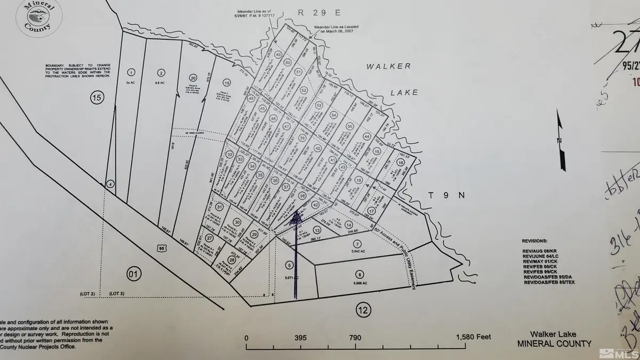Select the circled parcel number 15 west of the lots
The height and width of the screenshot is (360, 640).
(96, 97)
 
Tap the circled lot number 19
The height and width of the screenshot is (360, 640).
(227, 83)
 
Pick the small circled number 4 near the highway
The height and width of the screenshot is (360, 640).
(110, 184)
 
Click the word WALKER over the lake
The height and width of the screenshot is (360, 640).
(388, 66)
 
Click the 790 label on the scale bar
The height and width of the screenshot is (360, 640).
(355, 338)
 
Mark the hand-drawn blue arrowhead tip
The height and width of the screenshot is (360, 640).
(297, 213)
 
